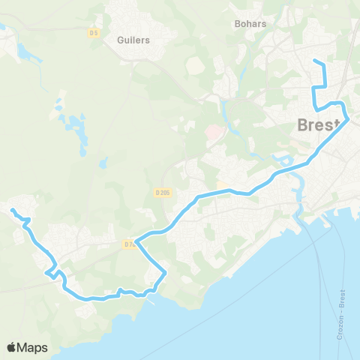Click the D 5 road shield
click(x=94, y=32)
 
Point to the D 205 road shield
click(x=163, y=193)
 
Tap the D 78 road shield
click(x=128, y=244)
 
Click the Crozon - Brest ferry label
click(x=342, y=311)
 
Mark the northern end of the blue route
click(x=313, y=61)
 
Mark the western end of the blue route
click(x=12, y=210)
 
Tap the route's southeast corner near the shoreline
click(x=165, y=274)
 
